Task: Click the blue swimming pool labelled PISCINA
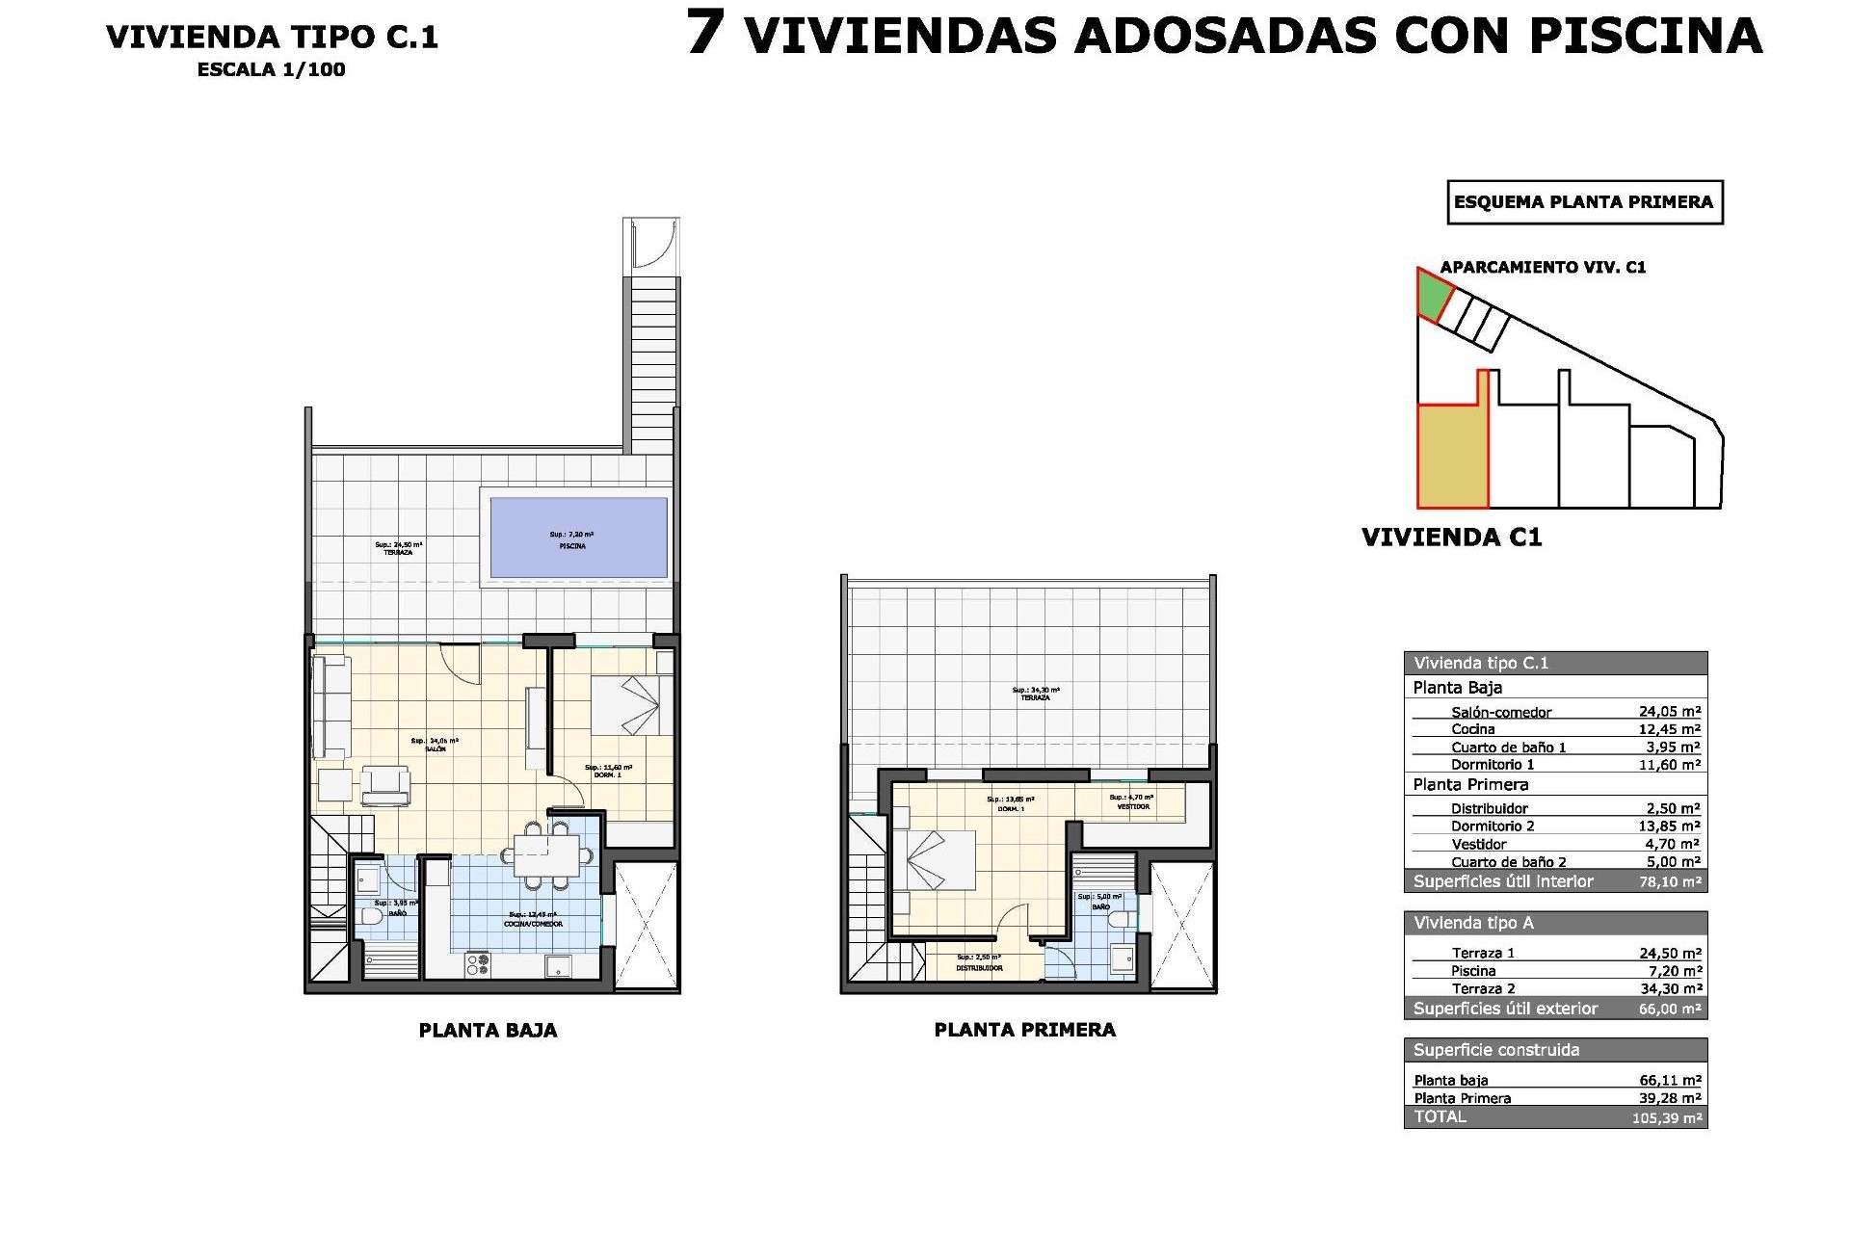coord(578,537)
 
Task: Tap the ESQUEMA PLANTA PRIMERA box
coord(1584,202)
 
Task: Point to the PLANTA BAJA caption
coord(488,1030)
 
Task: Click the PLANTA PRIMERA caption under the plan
coord(1024,1030)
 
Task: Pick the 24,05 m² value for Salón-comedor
coord(1669,712)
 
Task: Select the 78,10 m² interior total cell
coord(1669,881)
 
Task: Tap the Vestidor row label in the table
coord(1478,844)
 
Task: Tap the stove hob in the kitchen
coord(478,963)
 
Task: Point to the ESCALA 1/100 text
coord(271,70)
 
